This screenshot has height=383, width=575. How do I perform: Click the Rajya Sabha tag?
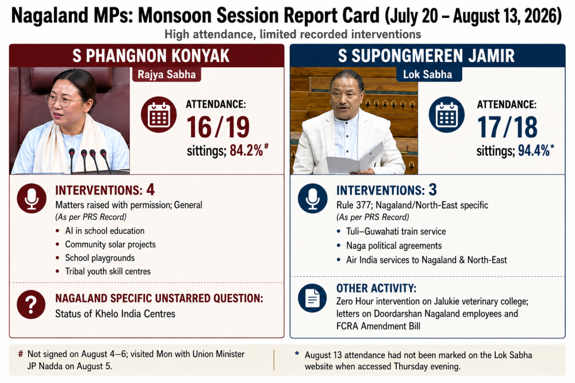[x=167, y=74]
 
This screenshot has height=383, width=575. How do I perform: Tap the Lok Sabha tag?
[x=428, y=74]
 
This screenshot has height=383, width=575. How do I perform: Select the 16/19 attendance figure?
[x=218, y=127]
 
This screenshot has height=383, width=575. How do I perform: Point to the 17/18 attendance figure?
[x=508, y=127]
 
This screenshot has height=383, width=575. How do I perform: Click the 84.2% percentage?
[x=247, y=150]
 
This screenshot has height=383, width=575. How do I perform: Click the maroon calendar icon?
[x=159, y=115]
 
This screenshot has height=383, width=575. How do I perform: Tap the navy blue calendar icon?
[x=447, y=115]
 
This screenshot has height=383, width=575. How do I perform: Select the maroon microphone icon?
[x=32, y=198]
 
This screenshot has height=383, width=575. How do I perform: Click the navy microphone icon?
[x=312, y=198]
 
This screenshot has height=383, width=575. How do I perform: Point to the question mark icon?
[x=31, y=304]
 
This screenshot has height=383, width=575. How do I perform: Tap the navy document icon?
[x=312, y=298]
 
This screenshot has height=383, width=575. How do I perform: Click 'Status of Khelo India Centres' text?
[x=115, y=314]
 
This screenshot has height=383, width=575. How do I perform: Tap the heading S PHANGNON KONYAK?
[x=151, y=56]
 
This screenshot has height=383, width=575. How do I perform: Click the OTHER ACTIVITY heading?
[x=376, y=288]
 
